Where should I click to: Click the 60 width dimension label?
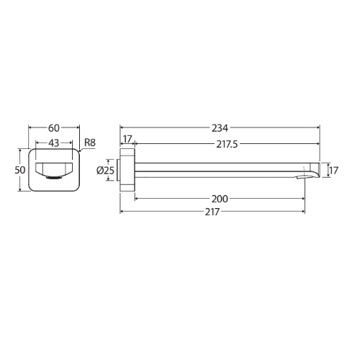[x=54, y=128]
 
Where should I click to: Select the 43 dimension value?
[x=54, y=143]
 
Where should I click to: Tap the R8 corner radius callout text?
[x=90, y=143]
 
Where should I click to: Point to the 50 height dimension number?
[x=20, y=170]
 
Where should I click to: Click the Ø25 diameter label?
[x=105, y=171]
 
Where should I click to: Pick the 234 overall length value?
[x=220, y=128]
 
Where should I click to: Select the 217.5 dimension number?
[x=227, y=144]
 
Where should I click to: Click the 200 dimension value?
[x=220, y=199]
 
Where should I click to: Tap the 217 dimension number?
[x=212, y=212]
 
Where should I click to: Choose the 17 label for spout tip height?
[x=333, y=171]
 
